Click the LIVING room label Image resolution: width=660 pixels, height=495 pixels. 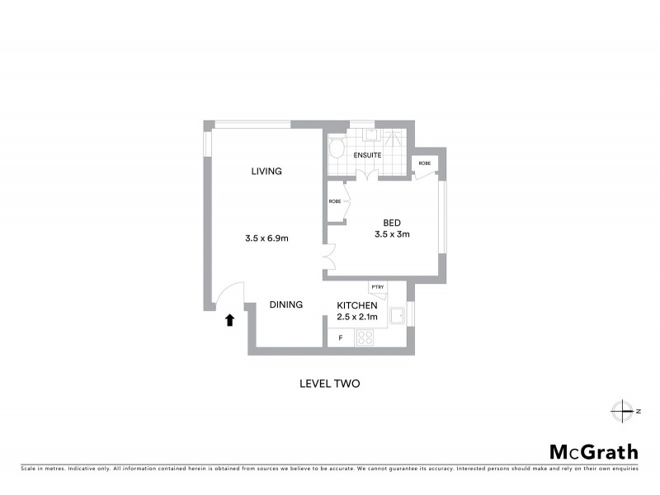click(267, 172)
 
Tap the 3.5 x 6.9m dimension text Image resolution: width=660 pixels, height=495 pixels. click(266, 238)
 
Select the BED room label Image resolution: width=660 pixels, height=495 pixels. click(392, 222)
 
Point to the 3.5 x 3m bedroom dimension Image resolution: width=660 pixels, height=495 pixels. click(392, 234)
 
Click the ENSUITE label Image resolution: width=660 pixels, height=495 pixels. click(367, 155)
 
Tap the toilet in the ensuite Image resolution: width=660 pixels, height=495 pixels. click(337, 149)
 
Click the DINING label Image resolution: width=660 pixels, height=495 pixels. click(286, 304)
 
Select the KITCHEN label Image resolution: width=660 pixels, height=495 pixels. click(357, 305)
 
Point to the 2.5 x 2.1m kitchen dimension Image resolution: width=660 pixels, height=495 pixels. click(357, 317)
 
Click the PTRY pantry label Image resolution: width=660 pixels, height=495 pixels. click(378, 287)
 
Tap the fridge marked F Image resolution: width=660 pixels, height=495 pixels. click(340, 338)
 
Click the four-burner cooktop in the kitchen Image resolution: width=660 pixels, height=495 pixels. click(365, 337)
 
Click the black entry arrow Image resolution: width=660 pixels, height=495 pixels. click(230, 320)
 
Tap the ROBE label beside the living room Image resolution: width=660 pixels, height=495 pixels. click(335, 202)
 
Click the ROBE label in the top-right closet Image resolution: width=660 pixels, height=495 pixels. click(424, 163)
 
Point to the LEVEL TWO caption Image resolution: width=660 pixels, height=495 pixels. click(329, 384)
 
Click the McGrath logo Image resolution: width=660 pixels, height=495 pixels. click(594, 451)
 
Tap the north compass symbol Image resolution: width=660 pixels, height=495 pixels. click(620, 410)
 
